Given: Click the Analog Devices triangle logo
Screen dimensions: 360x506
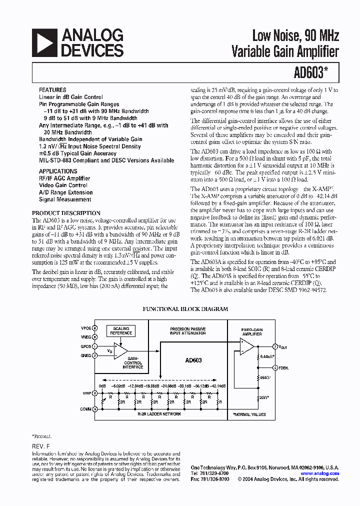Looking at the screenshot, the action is point(44,42).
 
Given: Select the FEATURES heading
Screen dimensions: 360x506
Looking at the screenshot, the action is point(52,90).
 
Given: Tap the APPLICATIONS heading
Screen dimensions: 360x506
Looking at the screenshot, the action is point(58,171).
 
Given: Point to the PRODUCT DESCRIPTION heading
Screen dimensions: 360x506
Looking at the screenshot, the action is point(69,213).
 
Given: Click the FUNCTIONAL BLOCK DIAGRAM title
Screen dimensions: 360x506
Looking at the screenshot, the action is point(185,309).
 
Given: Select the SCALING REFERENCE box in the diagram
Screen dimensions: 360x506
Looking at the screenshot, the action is point(121,330).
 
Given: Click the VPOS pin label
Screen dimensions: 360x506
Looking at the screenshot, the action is point(85,328).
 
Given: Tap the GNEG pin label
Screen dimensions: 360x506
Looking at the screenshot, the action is point(85,355).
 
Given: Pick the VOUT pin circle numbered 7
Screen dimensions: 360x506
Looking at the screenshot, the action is point(274,346).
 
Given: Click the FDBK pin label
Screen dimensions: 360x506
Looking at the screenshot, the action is point(284,367).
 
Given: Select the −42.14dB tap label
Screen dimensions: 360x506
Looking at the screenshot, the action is point(217,386).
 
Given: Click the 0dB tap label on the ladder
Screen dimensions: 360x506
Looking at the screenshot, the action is point(102,386).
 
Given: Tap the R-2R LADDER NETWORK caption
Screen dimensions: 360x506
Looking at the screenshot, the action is point(159,414).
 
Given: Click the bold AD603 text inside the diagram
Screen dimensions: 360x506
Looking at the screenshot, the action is point(193,360).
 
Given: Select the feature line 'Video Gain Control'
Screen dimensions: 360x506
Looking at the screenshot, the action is point(63,185).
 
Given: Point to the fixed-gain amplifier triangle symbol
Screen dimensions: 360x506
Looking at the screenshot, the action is point(247,345).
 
